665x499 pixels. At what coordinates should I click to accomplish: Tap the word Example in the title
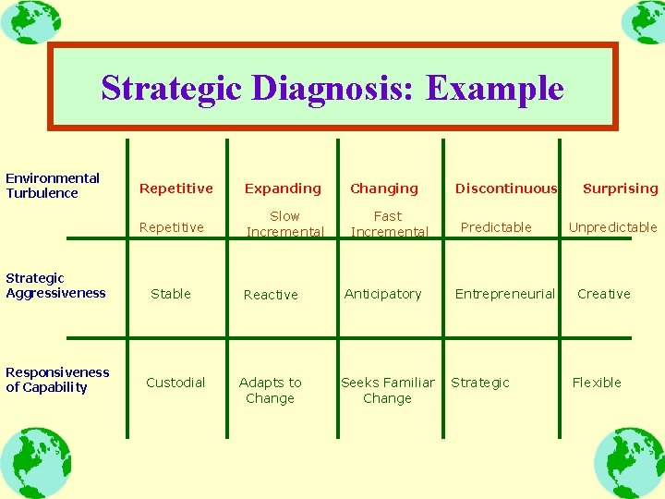tap(495, 88)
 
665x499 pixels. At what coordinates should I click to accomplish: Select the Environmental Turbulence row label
tap(53, 186)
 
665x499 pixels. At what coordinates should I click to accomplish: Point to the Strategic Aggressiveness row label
tap(55, 286)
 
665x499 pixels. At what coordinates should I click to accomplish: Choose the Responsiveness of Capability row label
tap(57, 380)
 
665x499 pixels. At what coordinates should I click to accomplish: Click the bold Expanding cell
tap(283, 189)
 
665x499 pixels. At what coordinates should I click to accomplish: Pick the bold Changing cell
tap(384, 189)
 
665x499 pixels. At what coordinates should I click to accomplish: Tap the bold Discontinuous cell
tap(506, 189)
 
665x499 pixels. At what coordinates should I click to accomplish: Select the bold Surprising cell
tap(621, 189)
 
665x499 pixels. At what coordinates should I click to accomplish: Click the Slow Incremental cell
tap(284, 225)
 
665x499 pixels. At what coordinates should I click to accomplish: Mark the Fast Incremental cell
tap(389, 225)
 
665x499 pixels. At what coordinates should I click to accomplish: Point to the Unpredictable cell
tap(612, 227)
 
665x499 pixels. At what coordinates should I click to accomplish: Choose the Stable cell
tap(171, 294)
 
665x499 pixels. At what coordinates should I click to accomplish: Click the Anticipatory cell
tap(382, 294)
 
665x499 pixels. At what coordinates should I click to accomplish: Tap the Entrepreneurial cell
tap(504, 294)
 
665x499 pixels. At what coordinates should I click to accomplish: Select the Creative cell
tap(604, 294)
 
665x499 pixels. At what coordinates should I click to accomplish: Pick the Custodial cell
tap(175, 383)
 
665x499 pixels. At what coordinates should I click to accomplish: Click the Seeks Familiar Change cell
tap(388, 390)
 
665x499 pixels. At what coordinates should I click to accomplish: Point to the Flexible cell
tap(597, 383)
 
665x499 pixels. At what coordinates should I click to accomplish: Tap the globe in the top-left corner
tap(30, 21)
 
